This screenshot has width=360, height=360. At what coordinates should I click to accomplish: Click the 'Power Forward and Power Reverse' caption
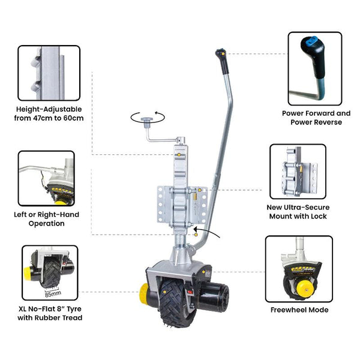tap(316, 117)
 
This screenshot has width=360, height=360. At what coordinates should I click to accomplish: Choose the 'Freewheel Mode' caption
tap(298, 310)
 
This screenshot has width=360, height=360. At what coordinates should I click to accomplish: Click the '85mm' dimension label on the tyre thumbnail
tap(55, 294)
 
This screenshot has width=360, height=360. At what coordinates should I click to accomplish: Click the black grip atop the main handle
tap(221, 55)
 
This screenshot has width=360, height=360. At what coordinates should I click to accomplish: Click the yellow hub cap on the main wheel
tap(145, 295)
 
